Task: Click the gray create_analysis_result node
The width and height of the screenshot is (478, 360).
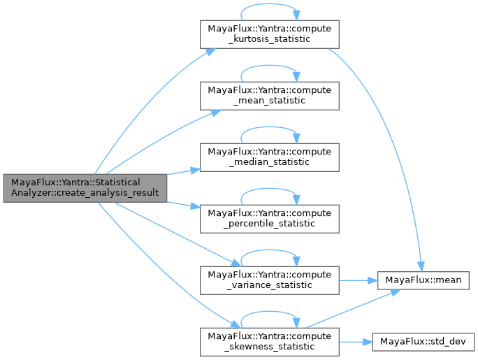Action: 84,187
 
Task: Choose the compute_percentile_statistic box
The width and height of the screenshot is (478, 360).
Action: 270,218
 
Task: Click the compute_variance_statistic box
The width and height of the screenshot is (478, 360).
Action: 270,280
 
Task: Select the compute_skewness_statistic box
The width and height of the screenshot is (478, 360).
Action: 270,340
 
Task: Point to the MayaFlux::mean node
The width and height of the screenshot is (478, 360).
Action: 419,280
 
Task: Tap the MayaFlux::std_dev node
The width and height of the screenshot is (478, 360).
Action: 424,341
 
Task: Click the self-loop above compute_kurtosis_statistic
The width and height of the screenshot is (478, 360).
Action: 270,9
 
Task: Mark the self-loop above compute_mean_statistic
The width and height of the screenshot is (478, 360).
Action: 270,70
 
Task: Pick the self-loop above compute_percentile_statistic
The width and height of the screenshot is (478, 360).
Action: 270,193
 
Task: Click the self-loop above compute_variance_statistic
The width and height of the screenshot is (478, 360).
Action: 270,254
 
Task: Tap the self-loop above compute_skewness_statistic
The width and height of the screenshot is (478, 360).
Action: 270,315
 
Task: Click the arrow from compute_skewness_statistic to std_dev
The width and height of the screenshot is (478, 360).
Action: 356,341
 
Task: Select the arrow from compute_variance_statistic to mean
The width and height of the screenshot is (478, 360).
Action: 358,280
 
